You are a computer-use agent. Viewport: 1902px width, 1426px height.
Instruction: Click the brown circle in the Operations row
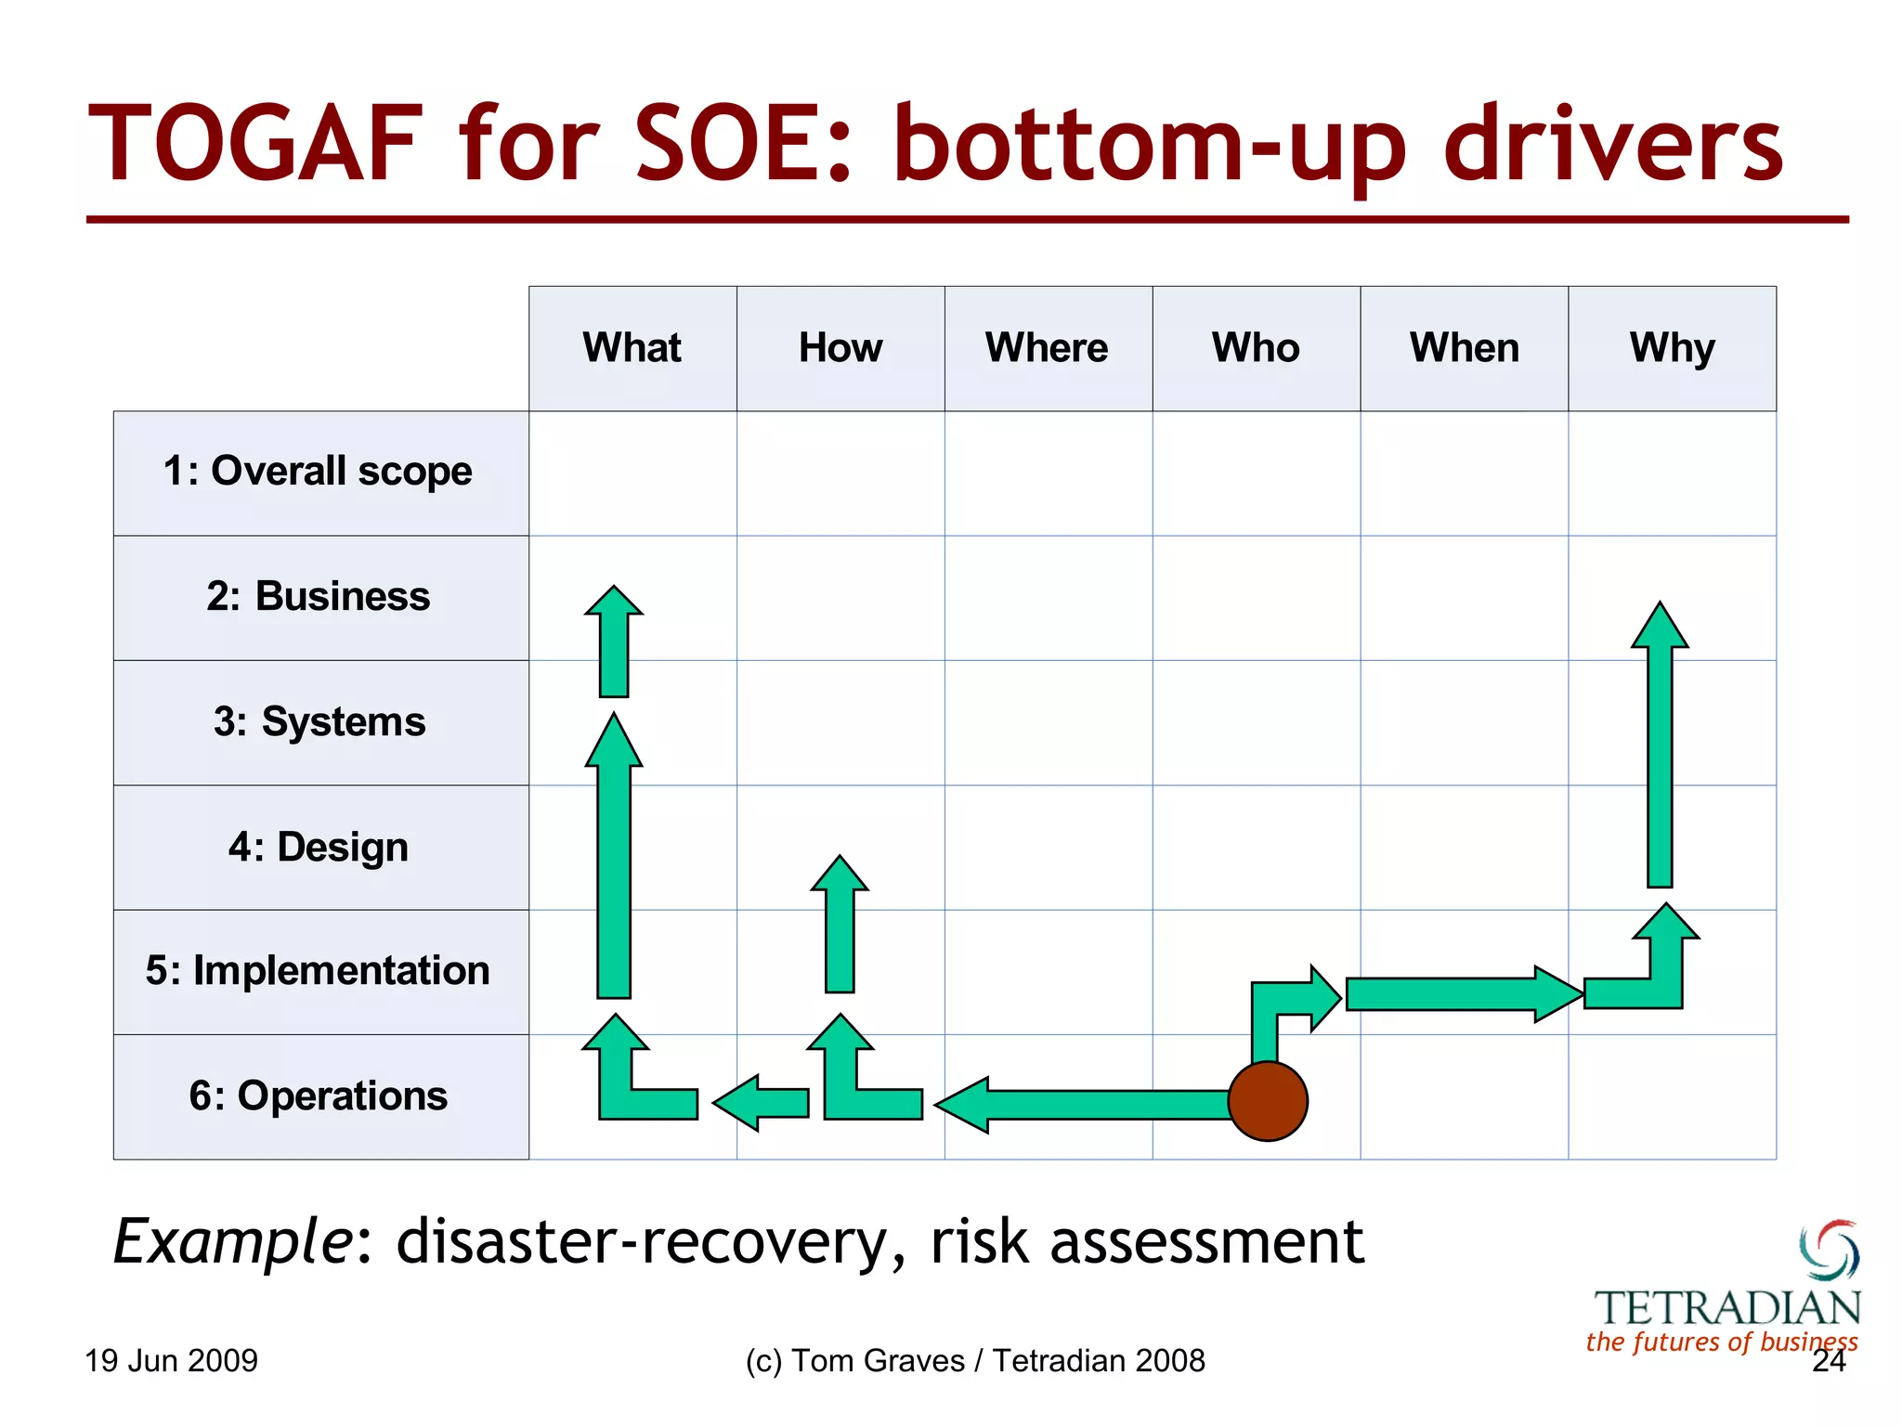1268,1101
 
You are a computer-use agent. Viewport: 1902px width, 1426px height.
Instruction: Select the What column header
632,348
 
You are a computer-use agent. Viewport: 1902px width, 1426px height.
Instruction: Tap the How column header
840,348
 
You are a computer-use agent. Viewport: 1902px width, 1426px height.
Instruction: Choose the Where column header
1047,348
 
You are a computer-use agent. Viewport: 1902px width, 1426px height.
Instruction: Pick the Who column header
1256,348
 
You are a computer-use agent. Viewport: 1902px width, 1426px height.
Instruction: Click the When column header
1465,348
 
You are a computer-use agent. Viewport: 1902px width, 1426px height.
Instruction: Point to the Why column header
1672,348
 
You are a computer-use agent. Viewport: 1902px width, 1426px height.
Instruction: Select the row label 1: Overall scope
319,472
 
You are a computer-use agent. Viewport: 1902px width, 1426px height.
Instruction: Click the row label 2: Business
319,596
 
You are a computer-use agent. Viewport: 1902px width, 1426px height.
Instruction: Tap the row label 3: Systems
319,722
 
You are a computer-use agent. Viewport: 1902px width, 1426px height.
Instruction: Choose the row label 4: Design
319,847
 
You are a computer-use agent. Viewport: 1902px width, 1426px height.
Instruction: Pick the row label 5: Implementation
319,971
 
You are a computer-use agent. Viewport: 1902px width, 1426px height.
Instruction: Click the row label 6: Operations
319,1096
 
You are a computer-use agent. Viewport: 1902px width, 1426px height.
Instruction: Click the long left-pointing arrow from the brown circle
1087,1105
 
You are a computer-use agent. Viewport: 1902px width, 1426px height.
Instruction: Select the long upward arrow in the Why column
1660,761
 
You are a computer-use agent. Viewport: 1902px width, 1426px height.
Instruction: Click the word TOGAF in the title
255,145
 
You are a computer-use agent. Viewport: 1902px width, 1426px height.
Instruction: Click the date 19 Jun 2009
171,1361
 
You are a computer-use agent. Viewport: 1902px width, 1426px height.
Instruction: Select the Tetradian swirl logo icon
1830,1250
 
